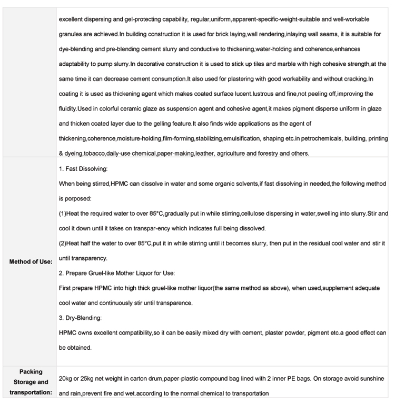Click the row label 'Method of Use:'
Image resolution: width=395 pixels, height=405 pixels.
tap(31, 261)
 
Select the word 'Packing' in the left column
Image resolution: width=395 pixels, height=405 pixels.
tap(31, 371)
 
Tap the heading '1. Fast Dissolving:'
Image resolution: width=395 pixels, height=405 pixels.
tap(83, 170)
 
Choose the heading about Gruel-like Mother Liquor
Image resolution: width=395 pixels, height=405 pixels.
tap(116, 274)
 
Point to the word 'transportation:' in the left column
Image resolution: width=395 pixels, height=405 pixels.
tap(31, 393)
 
